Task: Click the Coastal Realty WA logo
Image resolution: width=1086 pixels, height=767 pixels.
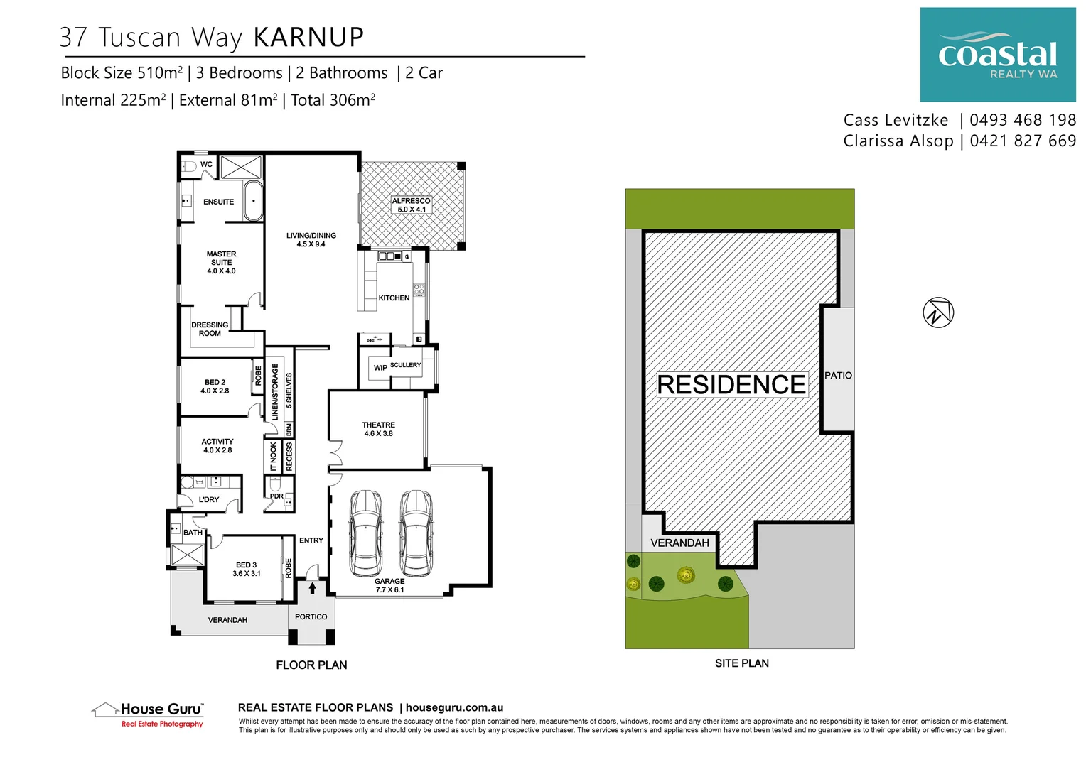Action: (x=997, y=55)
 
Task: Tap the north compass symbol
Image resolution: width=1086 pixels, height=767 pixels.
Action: (x=937, y=312)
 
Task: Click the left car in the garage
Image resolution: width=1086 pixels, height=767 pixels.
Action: (x=366, y=532)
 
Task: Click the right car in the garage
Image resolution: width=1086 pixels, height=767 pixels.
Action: (x=416, y=532)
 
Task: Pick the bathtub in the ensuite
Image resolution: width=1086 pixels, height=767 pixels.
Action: (x=253, y=201)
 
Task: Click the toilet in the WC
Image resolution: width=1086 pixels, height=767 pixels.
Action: (x=188, y=167)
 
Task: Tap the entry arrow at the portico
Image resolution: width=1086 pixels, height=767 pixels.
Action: (x=312, y=588)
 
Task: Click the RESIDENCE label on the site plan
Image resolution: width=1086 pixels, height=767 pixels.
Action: (x=731, y=385)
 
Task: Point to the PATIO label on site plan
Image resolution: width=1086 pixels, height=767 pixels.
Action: (x=838, y=376)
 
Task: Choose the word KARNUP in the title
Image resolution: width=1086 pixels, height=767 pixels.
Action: (x=308, y=38)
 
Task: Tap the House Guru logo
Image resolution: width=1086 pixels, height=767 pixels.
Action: (x=149, y=713)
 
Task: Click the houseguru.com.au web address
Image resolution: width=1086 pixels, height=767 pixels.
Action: (x=454, y=707)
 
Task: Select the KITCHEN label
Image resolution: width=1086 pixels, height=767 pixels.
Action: (x=394, y=298)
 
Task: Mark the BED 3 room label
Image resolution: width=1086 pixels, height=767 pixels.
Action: (x=246, y=570)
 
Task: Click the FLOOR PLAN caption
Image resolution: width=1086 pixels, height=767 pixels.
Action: (x=311, y=665)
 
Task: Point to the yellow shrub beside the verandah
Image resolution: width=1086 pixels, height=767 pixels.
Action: (x=685, y=574)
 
